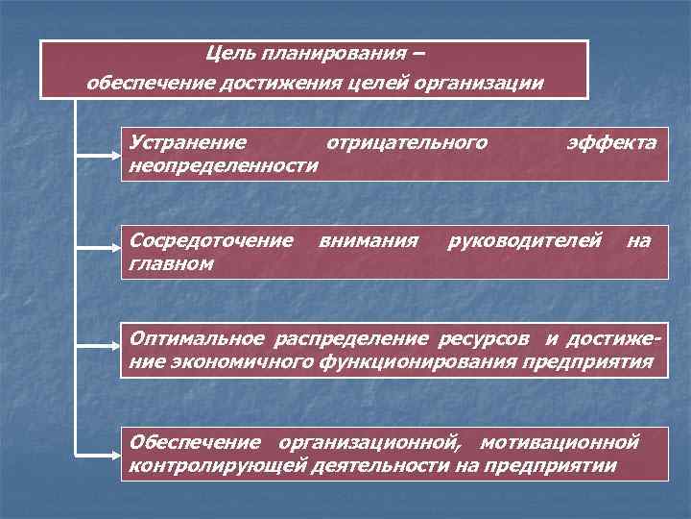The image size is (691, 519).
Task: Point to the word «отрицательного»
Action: click(x=407, y=143)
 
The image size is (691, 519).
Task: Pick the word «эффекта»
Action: click(x=611, y=143)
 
